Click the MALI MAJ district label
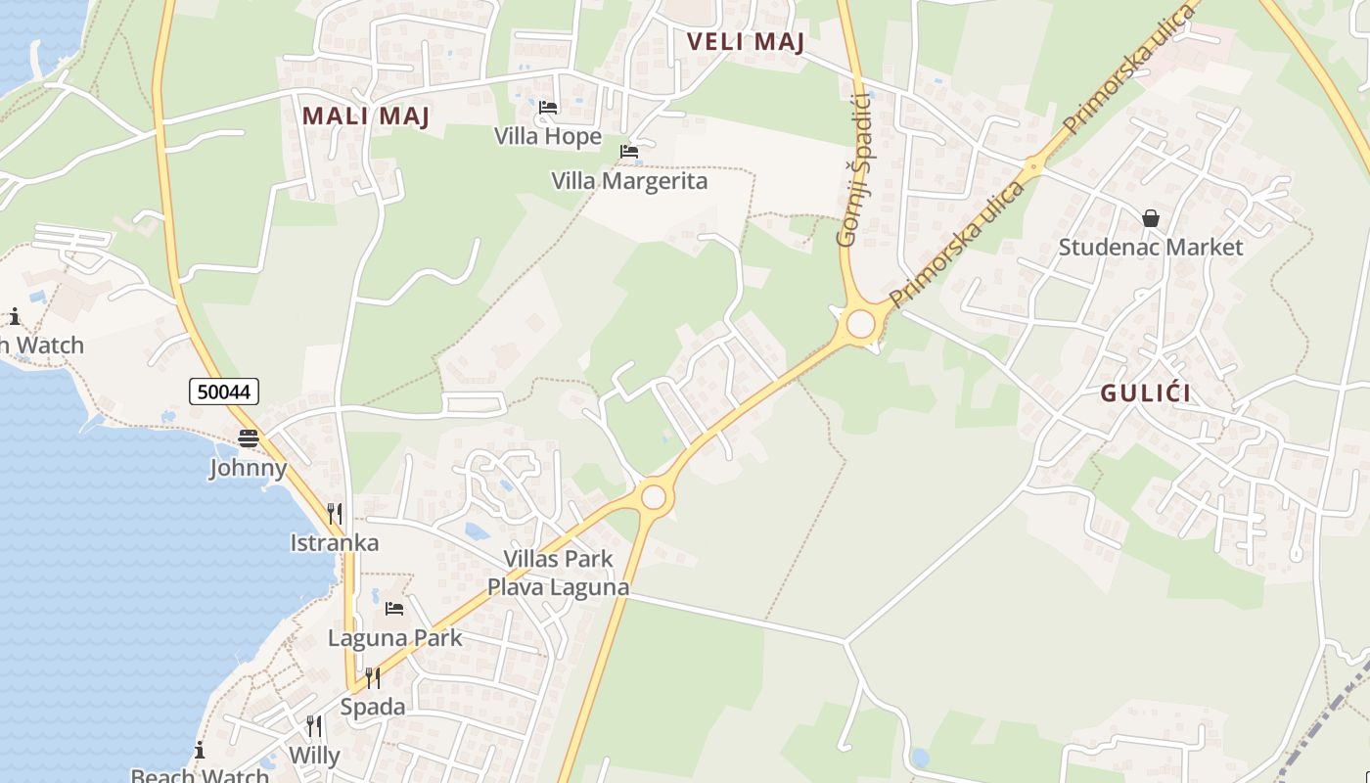point(366,115)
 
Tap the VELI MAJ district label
point(745,42)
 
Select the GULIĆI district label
point(1146,393)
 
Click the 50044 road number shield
point(224,391)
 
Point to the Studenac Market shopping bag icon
point(1151,218)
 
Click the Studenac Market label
point(1151,247)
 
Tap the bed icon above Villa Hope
point(548,107)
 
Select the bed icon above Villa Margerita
point(628,152)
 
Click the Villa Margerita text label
point(629,181)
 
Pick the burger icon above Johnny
point(249,438)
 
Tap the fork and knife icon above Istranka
point(334,513)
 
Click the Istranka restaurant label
point(335,542)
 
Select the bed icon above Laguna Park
point(394,609)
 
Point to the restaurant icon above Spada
point(372,677)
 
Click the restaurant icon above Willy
point(314,726)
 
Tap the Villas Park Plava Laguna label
point(558,573)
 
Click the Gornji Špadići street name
point(853,169)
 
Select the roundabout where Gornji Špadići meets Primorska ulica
point(860,323)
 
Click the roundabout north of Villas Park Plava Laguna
point(654,497)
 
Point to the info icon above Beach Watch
point(200,751)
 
